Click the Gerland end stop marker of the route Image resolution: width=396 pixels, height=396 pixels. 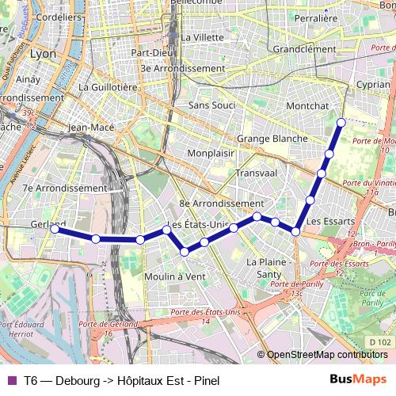click(x=54, y=229)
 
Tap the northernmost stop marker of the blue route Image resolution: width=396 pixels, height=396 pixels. click(x=341, y=122)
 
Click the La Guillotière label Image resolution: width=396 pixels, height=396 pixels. click(x=109, y=87)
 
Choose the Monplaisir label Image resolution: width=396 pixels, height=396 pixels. click(x=213, y=153)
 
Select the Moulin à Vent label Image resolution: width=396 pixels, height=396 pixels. click(x=174, y=276)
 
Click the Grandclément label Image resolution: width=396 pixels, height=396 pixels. click(x=304, y=49)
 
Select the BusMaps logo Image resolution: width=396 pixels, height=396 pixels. click(x=353, y=378)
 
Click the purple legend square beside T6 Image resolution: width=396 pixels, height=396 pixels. click(x=11, y=378)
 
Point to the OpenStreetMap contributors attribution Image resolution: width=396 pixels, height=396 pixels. click(x=326, y=354)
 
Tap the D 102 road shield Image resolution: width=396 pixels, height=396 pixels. click(x=380, y=342)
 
